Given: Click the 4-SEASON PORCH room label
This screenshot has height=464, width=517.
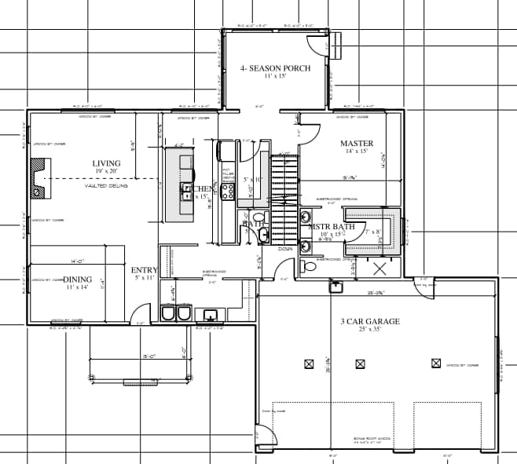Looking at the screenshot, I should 274,68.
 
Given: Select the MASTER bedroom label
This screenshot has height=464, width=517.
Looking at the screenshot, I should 356,144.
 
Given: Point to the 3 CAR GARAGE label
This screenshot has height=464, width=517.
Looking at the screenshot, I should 369,321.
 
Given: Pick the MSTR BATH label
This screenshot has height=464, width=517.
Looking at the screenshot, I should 331,227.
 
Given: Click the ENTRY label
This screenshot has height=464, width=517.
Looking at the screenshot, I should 144,271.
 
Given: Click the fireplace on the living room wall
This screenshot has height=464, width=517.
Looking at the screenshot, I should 38,179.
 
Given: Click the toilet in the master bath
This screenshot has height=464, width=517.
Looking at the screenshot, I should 310,266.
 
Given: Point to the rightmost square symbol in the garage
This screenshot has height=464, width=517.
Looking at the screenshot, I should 436,363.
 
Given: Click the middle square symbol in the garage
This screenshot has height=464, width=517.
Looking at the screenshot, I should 360,364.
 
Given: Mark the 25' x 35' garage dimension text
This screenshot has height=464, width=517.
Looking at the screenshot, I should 369,331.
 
